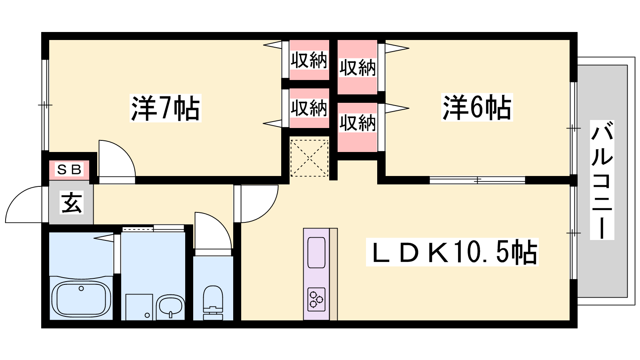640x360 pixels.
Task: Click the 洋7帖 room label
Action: coord(166,108)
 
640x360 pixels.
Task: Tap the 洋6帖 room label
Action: coord(477,107)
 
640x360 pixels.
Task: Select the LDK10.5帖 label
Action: coord(452,252)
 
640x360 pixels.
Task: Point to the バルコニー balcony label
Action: coord(602,180)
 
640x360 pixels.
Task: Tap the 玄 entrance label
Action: coord(72,202)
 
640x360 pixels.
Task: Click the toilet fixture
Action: coord(213,302)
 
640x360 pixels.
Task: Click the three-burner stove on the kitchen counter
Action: coord(316,299)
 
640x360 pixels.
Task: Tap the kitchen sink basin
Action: coord(316,252)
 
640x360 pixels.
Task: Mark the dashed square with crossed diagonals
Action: coord(309,158)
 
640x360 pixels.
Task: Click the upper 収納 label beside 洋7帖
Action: coord(309,60)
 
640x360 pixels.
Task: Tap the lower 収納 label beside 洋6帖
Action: coord(358,123)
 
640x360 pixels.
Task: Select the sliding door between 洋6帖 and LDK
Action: coord(477,180)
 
